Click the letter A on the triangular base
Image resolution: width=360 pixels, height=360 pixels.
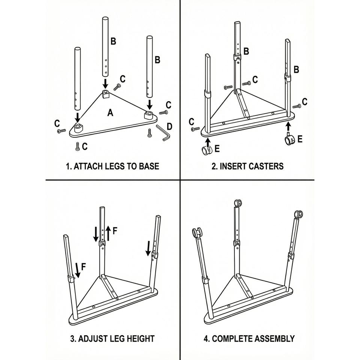pos(110,112)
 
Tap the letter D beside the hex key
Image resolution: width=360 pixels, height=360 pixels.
pos(169,126)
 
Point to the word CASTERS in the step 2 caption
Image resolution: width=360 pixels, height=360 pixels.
pos(267,166)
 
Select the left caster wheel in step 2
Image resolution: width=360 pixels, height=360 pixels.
pos(206,151)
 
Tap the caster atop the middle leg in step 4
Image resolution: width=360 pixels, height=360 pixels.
pos(237,203)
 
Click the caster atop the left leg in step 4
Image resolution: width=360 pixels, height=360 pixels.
pos(197,233)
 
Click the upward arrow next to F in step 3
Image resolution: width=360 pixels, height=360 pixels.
pos(109,233)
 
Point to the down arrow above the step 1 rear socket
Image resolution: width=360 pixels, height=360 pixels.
pos(105,84)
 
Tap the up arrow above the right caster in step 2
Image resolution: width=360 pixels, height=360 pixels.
pos(288,126)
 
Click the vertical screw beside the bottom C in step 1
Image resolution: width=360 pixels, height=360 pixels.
pos(77,146)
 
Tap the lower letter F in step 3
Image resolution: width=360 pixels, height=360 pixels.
pos(84,267)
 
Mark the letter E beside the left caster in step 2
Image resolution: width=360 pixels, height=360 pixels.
pos(217,149)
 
